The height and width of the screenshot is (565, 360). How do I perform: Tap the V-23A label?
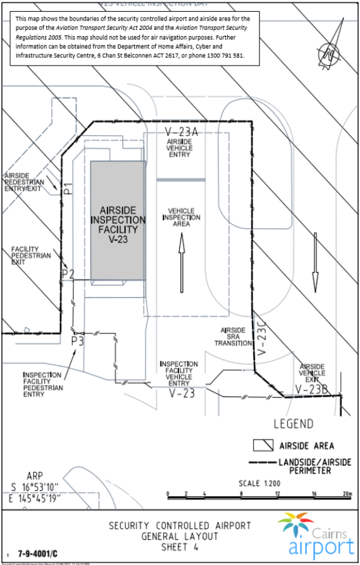coord(181,132)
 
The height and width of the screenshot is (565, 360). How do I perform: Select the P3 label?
coord(77,341)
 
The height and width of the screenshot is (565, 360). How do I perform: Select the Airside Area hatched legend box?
coord(263,445)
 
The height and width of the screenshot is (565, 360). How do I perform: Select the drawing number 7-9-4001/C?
coord(38,553)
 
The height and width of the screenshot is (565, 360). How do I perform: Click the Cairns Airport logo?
coord(315,534)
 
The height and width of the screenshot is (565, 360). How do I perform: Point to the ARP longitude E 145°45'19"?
coord(34,498)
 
